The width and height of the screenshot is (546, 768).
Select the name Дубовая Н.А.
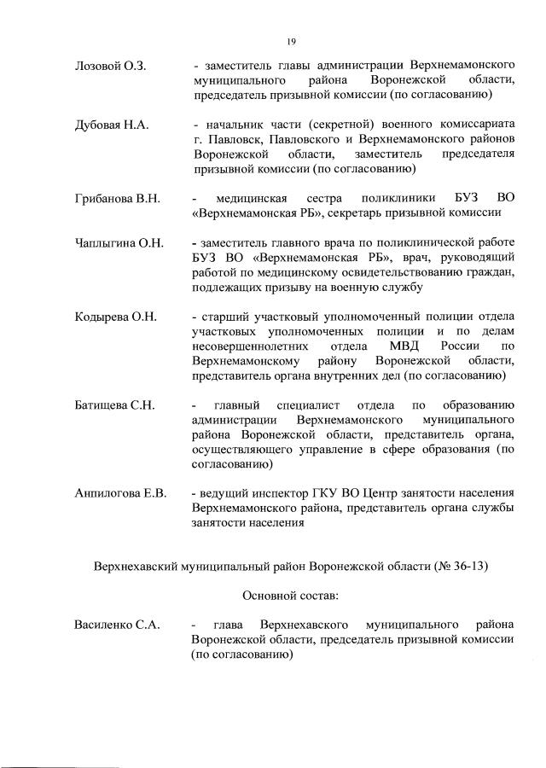(x=112, y=125)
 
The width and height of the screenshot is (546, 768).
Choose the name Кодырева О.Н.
(x=116, y=317)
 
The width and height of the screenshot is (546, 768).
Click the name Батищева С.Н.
(x=114, y=404)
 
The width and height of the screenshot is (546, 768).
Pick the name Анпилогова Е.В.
(x=121, y=493)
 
